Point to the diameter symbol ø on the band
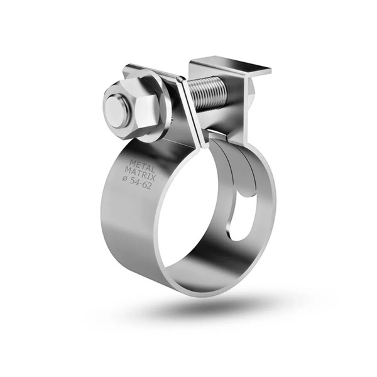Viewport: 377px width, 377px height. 126,178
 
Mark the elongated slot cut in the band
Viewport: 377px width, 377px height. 238,222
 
